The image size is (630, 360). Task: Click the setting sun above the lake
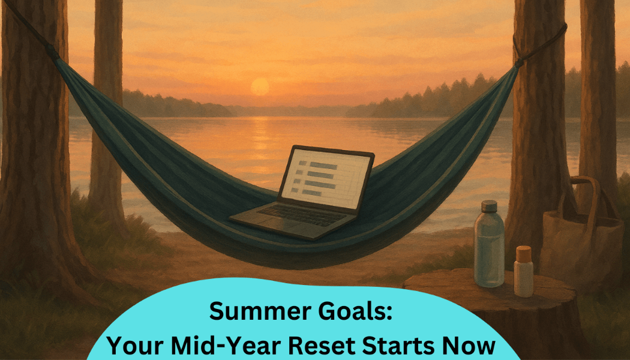coord(260,87)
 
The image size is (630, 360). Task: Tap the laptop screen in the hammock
coord(326,179)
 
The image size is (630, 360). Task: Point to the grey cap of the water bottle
coord(489,206)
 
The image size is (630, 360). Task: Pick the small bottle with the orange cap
coord(524,271)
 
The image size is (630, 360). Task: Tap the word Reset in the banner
coord(322,346)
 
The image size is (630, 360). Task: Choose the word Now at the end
coord(467,346)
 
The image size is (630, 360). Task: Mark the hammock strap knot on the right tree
coord(518,62)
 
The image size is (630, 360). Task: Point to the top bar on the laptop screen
coord(323,165)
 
